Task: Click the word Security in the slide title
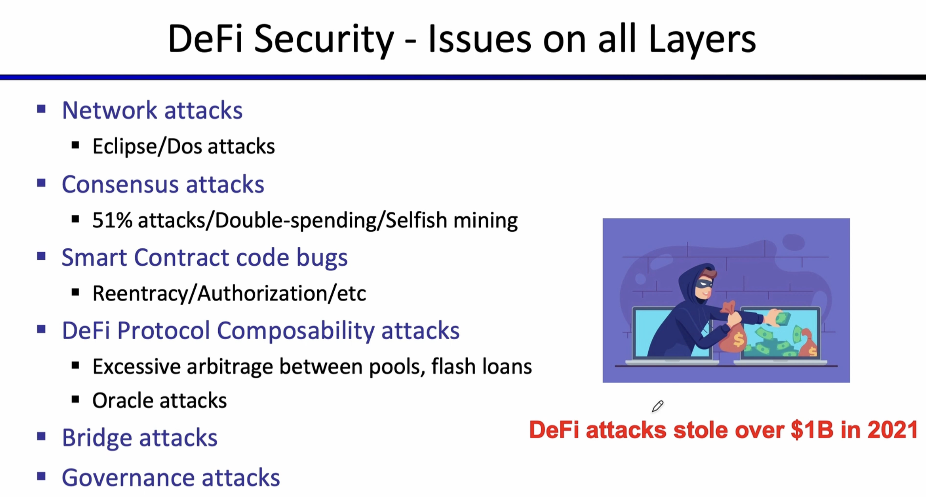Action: pyautogui.click(x=324, y=40)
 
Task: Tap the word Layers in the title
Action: pyautogui.click(x=702, y=40)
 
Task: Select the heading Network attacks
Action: pyautogui.click(x=152, y=110)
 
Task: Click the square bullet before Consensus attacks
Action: pyautogui.click(x=41, y=183)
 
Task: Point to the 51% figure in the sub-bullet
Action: pyautogui.click(x=112, y=220)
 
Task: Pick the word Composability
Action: pyautogui.click(x=295, y=331)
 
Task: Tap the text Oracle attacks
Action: pyautogui.click(x=159, y=400)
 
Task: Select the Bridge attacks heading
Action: pyautogui.click(x=139, y=438)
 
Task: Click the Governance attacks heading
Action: pyautogui.click(x=171, y=477)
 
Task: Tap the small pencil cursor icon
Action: pyautogui.click(x=657, y=406)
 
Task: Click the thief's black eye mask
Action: pyautogui.click(x=704, y=284)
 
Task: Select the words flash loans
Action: pyautogui.click(x=481, y=366)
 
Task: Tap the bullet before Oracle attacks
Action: pyautogui.click(x=76, y=399)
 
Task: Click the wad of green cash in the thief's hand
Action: pyautogui.click(x=779, y=317)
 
